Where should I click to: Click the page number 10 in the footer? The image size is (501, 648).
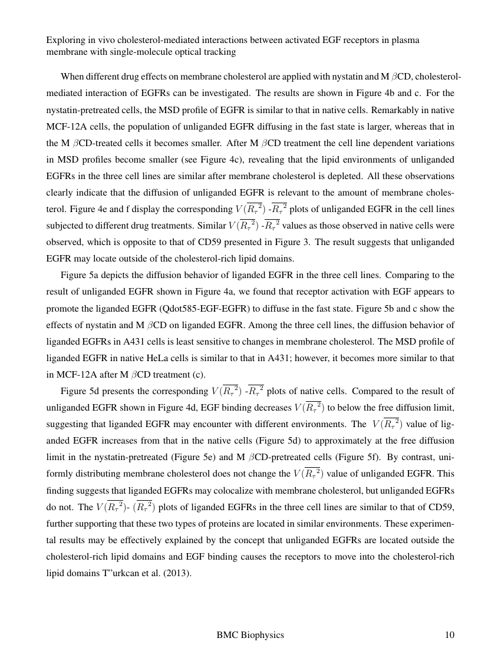click(x=450, y=634)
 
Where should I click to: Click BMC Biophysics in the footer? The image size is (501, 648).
click(x=250, y=634)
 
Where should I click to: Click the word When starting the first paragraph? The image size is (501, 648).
click(x=72, y=77)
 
